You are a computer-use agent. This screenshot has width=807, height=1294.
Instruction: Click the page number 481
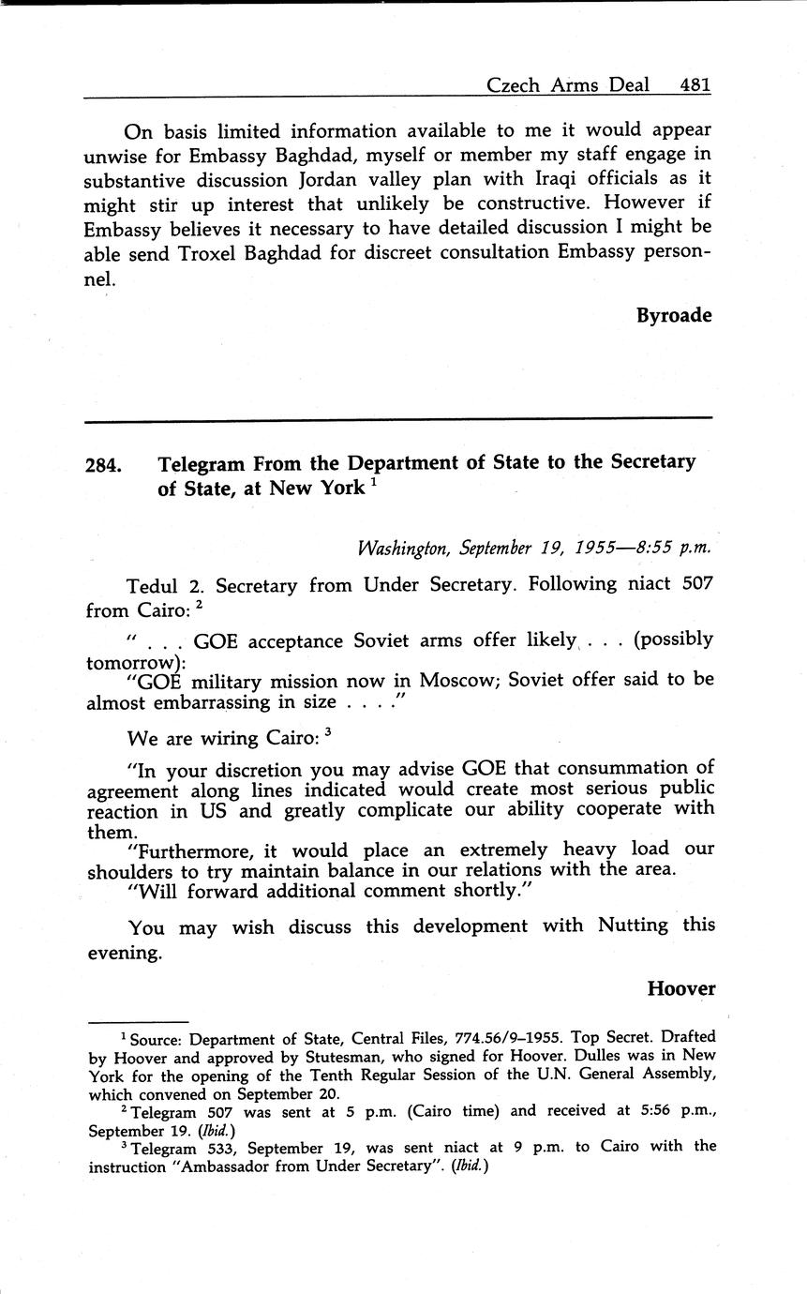(x=695, y=84)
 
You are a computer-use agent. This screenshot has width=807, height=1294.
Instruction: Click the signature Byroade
(x=674, y=315)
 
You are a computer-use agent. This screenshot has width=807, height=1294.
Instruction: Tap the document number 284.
(x=104, y=465)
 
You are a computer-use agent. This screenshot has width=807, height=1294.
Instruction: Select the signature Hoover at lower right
(x=680, y=988)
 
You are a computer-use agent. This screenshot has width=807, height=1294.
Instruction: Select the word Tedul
(x=153, y=586)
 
